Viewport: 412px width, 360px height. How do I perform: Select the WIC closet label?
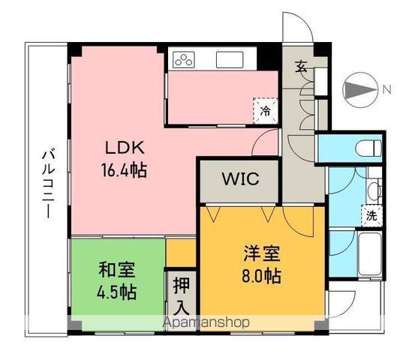240,180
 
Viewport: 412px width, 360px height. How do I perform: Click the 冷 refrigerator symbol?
264,110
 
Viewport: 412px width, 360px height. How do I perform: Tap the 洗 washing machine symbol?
370,213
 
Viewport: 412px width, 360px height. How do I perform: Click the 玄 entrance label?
300,67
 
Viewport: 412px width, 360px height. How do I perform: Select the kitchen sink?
227,58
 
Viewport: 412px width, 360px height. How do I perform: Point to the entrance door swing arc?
299,30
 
